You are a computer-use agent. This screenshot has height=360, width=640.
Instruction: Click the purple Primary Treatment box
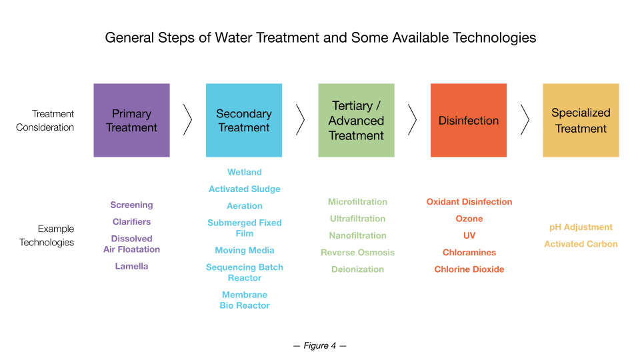point(131,121)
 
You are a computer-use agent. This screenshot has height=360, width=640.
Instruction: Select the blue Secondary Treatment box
point(244,121)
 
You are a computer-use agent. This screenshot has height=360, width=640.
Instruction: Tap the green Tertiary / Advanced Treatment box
point(356,121)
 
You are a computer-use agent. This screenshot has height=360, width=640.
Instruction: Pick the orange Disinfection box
point(469,121)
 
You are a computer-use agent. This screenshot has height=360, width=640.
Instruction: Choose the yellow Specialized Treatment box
point(581,121)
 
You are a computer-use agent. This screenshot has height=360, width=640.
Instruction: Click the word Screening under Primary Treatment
point(131,205)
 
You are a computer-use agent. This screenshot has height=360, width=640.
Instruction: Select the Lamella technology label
point(131,266)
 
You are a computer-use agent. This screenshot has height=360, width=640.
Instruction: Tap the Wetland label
point(245,172)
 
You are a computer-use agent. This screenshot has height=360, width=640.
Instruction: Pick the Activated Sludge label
point(245,189)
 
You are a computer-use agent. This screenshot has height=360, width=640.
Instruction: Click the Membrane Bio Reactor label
point(245,300)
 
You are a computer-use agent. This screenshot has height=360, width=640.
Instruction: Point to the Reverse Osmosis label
point(357,252)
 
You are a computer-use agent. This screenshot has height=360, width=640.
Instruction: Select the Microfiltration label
point(357,201)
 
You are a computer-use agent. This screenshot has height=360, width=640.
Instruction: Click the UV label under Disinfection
point(469,235)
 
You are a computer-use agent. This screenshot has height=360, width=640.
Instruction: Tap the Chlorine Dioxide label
point(469,269)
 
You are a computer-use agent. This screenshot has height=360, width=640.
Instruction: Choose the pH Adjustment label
point(581,227)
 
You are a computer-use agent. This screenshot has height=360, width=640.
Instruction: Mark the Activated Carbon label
point(581,244)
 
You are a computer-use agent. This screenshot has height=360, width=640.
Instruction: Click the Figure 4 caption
point(319,346)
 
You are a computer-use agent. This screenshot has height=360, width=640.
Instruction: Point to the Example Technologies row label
point(47,235)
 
